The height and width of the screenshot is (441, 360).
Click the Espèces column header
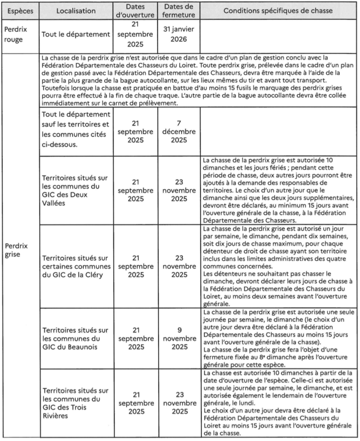(x=19, y=11)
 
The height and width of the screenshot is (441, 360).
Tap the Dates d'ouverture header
(x=135, y=11)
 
